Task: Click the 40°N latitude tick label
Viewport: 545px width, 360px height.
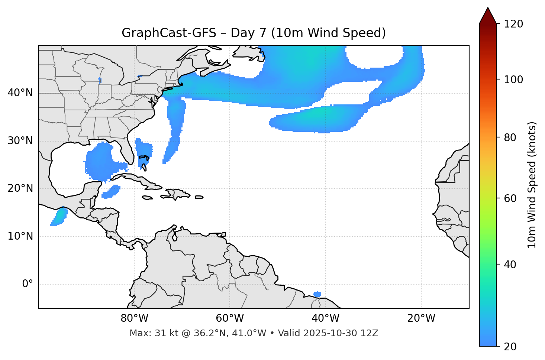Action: point(20,93)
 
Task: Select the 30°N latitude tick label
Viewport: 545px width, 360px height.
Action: point(20,141)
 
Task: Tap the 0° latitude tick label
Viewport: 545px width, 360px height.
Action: point(28,284)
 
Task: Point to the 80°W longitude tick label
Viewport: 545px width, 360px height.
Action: point(134,318)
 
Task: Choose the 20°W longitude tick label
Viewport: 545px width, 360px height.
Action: point(421,318)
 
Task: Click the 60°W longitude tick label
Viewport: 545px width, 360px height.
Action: point(230,318)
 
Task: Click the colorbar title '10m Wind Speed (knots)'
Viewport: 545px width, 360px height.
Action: point(532,185)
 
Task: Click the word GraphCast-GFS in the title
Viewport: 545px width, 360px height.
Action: point(169,33)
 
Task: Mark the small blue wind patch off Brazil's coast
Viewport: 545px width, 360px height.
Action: point(317,294)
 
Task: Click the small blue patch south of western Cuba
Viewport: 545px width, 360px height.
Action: point(111,192)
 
